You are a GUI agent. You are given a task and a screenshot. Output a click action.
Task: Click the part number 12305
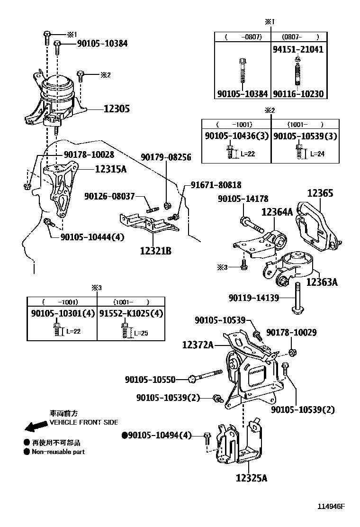(117, 109)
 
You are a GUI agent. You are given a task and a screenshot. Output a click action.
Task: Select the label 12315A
(110, 169)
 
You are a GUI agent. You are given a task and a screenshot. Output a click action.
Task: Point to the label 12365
(320, 193)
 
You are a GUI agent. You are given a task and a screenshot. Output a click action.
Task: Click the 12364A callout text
(277, 212)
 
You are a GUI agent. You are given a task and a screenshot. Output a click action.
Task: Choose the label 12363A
(322, 282)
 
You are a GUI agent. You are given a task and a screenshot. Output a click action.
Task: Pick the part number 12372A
(198, 345)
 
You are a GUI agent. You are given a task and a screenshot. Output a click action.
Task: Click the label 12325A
(251, 478)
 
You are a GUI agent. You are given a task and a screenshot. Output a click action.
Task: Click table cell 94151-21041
(298, 49)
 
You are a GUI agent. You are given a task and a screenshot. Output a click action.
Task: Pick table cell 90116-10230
(298, 94)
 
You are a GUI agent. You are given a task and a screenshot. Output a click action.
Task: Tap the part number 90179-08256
(165, 157)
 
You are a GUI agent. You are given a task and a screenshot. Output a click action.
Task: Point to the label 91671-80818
(216, 185)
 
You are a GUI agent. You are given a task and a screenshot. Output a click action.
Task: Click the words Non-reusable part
(58, 452)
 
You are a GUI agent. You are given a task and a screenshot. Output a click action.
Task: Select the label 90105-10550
(150, 380)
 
